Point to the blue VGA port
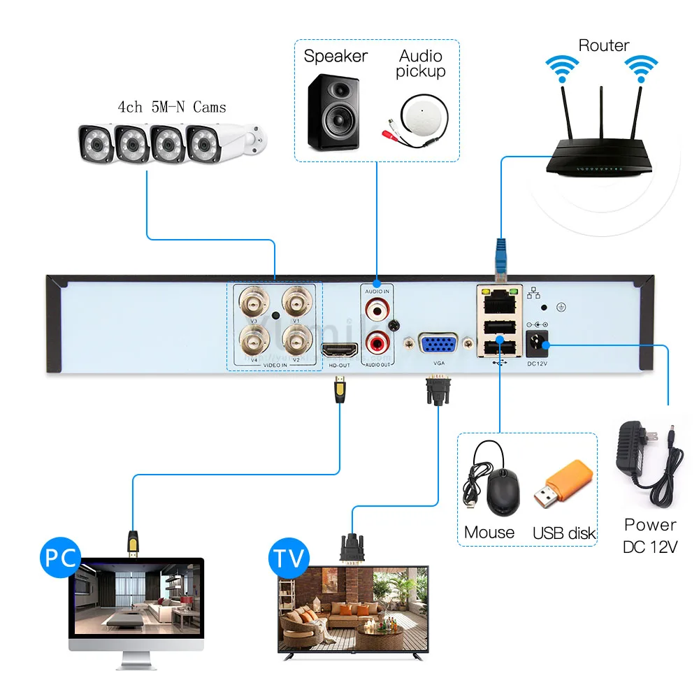click(x=438, y=346)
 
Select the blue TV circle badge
click(x=289, y=559)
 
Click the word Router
click(x=604, y=46)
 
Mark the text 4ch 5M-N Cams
click(x=172, y=107)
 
